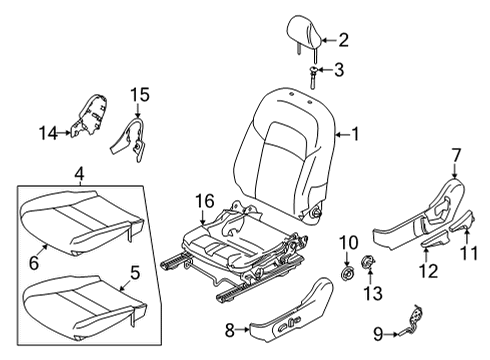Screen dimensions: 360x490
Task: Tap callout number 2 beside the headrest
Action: tap(343, 41)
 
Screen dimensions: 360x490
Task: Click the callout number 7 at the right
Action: tap(457, 154)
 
